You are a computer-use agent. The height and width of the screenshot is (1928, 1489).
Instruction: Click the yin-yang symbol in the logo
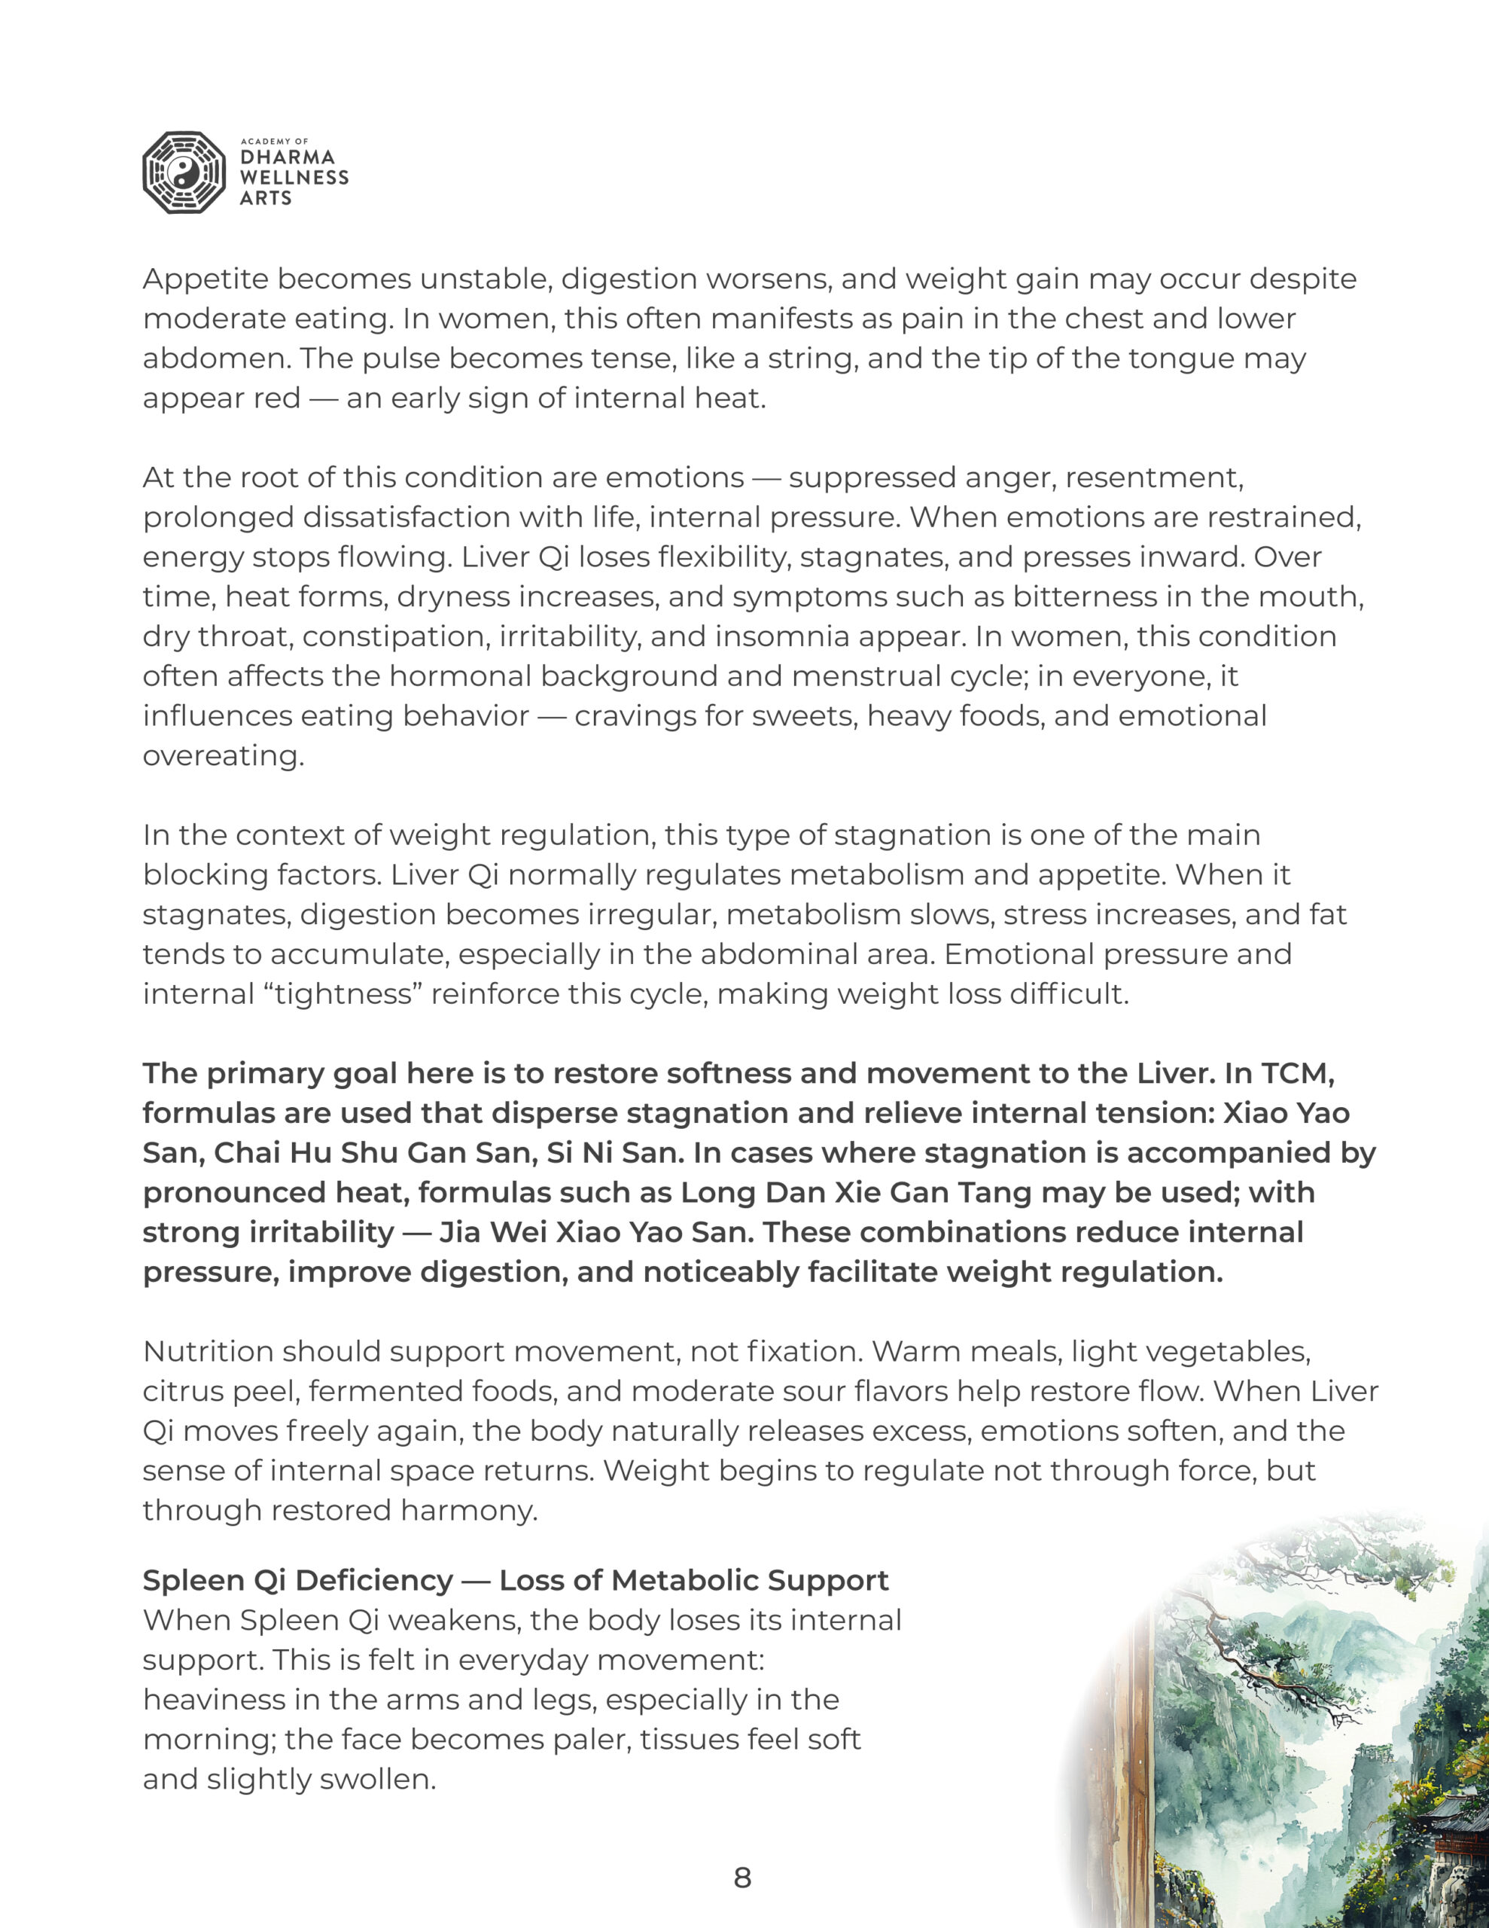[184, 173]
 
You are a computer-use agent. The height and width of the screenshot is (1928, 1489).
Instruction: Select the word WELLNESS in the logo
[294, 178]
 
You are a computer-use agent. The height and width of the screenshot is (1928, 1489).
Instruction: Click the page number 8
[742, 1878]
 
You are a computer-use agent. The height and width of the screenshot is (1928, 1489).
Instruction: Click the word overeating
[224, 755]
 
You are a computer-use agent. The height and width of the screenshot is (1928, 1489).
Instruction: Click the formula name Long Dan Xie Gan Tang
[856, 1193]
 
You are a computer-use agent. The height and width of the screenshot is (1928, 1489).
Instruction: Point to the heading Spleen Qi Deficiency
[298, 1580]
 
